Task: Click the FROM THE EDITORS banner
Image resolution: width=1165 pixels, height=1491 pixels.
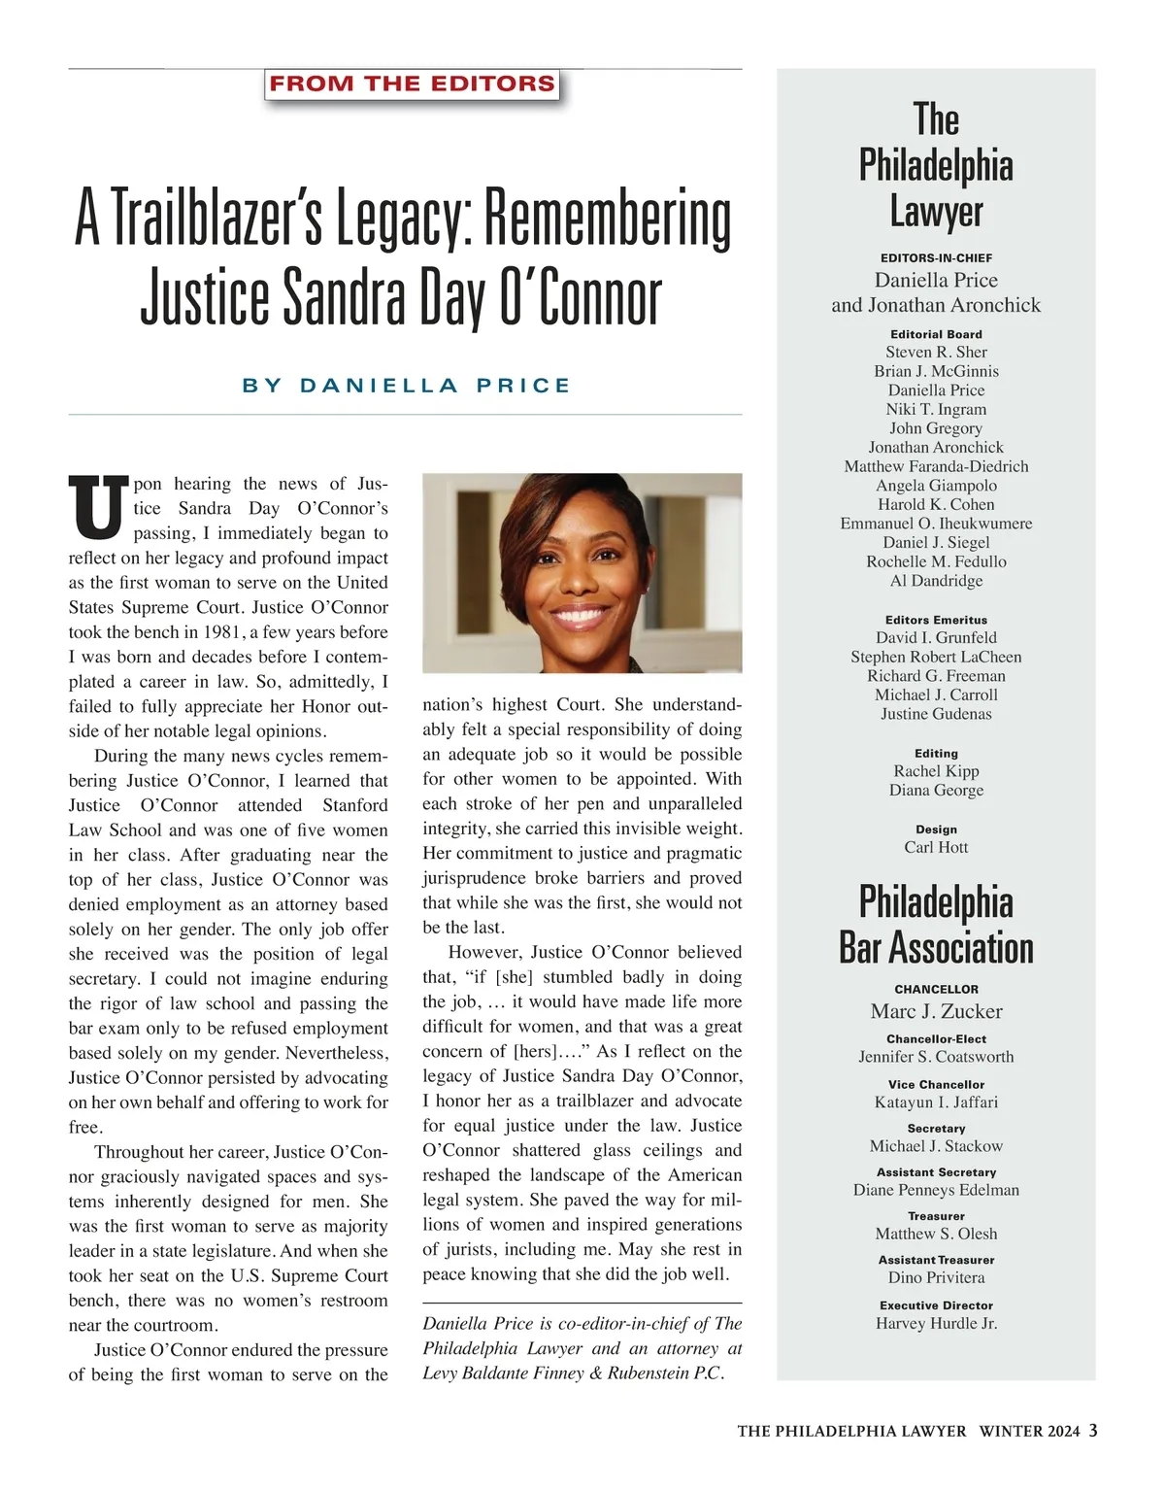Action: (413, 84)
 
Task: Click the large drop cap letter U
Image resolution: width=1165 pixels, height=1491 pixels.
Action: (98, 507)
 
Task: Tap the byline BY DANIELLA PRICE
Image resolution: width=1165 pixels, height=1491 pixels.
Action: (406, 386)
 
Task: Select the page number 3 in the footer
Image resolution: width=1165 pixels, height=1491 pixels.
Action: (1093, 1430)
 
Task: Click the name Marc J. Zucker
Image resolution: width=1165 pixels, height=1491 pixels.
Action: (936, 1011)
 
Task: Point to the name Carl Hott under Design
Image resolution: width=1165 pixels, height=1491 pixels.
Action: (936, 847)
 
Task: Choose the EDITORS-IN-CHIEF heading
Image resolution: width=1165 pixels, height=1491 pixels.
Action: (936, 258)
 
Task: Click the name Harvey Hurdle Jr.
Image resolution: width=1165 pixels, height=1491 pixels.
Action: (936, 1323)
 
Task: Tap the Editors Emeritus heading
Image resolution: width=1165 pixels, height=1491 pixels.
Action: (936, 620)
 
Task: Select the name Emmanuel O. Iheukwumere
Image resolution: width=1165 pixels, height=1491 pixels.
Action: (936, 524)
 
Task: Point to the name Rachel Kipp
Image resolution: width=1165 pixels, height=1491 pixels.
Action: (936, 771)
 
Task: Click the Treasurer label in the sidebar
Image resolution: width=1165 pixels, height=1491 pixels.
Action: (936, 1216)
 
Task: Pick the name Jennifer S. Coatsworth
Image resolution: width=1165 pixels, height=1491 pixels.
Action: (936, 1057)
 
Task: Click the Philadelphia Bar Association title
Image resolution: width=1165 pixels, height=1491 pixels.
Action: (936, 925)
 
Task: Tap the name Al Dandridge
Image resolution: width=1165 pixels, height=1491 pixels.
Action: (936, 581)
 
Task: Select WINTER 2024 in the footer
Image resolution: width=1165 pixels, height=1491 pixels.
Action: (1029, 1431)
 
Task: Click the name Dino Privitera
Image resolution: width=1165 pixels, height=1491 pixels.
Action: (936, 1277)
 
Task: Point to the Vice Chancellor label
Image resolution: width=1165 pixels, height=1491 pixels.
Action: (936, 1084)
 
